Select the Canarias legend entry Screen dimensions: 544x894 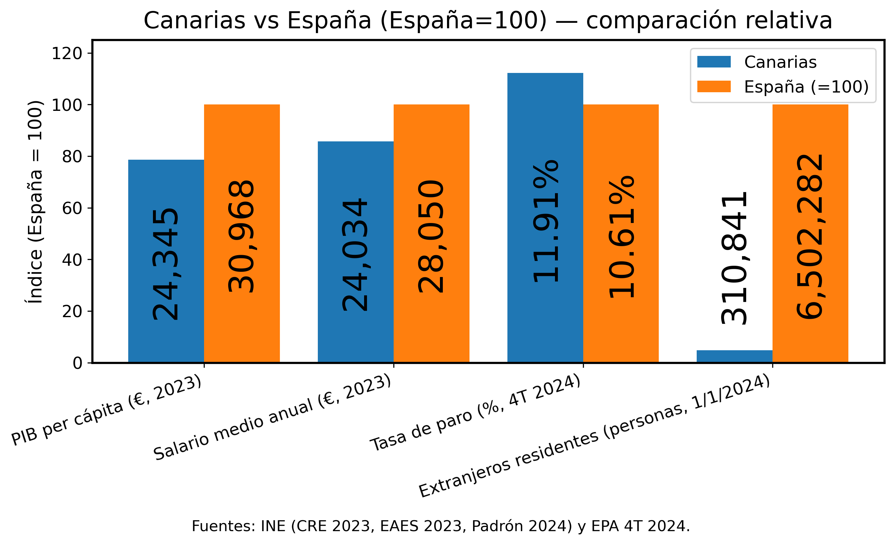point(780,62)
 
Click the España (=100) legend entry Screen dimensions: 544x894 point(806,87)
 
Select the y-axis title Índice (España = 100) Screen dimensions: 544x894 point(36,202)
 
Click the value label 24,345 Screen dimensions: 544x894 point(165,264)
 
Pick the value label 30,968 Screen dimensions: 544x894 point(241,236)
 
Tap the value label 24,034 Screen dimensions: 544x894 point(355,254)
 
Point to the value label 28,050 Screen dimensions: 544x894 point(431,236)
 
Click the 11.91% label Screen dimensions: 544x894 point(546,221)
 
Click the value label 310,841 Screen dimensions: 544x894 point(734,258)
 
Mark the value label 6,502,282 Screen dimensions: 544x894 point(810,236)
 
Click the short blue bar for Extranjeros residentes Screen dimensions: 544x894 point(734,356)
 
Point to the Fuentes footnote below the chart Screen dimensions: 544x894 point(441,526)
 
